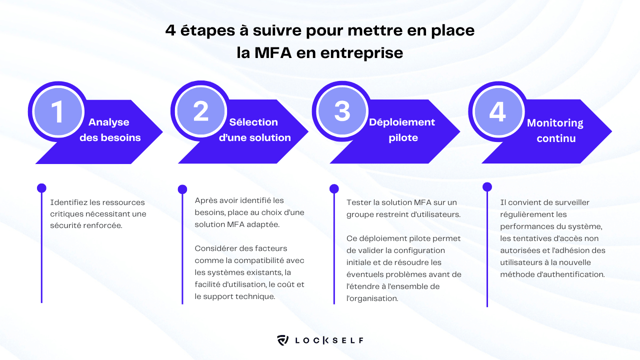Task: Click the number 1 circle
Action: [x=58, y=111]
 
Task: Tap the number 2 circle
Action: [x=201, y=111]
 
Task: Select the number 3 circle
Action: [x=343, y=111]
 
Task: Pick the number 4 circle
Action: [x=497, y=111]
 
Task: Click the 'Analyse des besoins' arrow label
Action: [x=110, y=130]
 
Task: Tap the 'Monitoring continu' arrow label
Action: [x=555, y=130]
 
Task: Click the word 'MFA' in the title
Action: [x=273, y=52]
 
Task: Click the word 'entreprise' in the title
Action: [x=367, y=52]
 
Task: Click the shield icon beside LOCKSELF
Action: [x=283, y=341]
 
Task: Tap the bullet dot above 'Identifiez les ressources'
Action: [x=41, y=188]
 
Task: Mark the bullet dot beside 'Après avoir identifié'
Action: [x=182, y=188]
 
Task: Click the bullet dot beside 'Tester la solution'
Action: [x=334, y=188]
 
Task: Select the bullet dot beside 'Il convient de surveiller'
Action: [x=487, y=187]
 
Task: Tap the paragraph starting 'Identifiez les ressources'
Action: [x=98, y=213]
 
